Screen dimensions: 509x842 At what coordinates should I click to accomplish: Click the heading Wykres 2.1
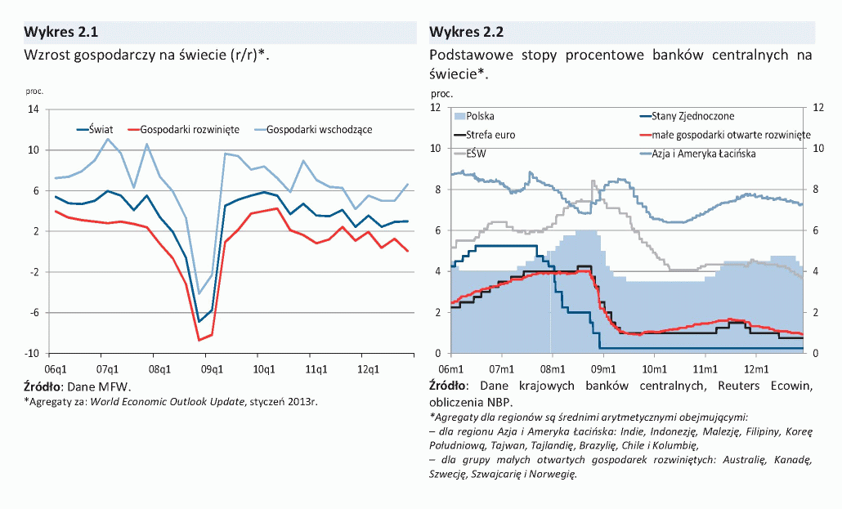61,33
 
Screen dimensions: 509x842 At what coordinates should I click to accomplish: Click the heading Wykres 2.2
466,33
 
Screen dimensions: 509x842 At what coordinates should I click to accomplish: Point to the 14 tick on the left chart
34,109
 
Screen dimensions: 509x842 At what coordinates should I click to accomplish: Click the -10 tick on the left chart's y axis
33,354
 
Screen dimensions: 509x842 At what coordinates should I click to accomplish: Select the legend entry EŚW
476,154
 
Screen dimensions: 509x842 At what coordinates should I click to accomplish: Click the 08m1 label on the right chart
552,368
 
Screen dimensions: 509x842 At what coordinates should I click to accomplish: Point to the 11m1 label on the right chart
705,368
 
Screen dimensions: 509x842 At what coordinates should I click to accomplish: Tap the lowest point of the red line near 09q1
199,340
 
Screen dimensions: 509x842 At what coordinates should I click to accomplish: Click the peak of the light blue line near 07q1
107,139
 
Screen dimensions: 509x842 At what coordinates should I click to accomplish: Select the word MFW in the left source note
114,386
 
